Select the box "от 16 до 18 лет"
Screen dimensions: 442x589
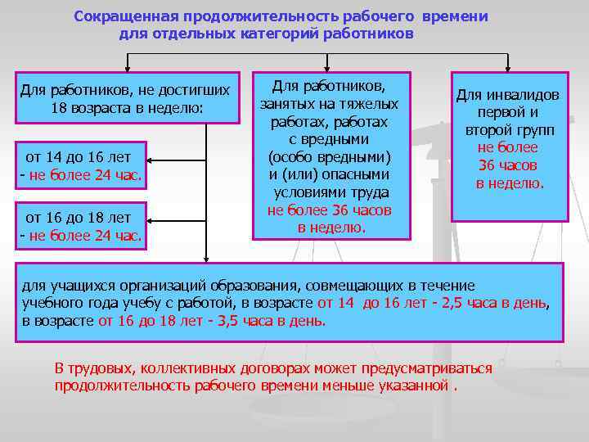[80, 227]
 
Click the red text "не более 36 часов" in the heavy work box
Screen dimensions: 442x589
[330, 210]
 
